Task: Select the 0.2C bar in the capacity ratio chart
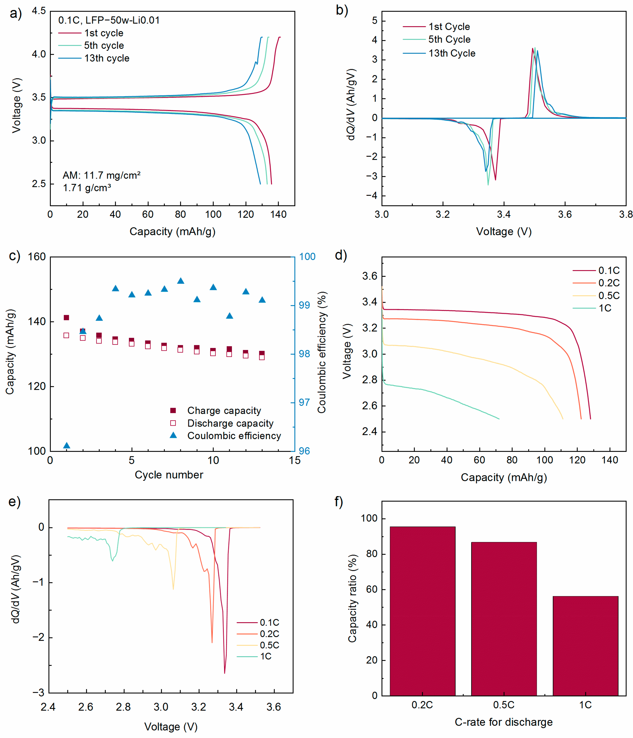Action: click(x=422, y=611)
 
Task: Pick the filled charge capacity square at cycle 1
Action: click(x=66, y=317)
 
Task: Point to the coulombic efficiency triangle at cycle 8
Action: click(x=181, y=281)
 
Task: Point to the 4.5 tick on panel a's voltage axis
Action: click(x=39, y=11)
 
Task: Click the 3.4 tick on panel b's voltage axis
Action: click(x=504, y=214)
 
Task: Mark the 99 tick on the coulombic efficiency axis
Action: click(x=304, y=305)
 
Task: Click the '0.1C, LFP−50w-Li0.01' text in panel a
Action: click(x=109, y=20)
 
